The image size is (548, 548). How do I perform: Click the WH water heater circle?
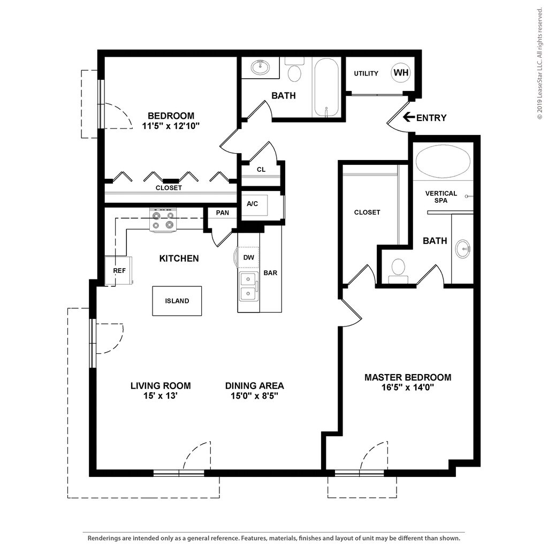400,73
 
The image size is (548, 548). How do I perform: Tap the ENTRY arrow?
408,117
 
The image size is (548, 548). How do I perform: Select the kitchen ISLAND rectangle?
177,301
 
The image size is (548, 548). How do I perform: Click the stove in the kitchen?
162,220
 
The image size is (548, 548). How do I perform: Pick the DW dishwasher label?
248,257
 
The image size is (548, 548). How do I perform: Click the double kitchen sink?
248,287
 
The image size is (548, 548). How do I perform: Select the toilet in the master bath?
398,271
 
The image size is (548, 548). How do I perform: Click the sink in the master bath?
463,249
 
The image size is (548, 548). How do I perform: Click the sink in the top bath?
261,67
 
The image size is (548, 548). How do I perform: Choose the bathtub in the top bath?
326,87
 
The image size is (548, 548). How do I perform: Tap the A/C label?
253,203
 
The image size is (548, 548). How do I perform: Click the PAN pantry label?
222,212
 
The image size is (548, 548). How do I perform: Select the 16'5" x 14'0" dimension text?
408,387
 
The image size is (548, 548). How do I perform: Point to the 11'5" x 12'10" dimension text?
171,126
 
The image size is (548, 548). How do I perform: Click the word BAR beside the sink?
270,272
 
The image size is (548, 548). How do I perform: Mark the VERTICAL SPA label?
441,197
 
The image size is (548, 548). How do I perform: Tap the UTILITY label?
366,73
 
